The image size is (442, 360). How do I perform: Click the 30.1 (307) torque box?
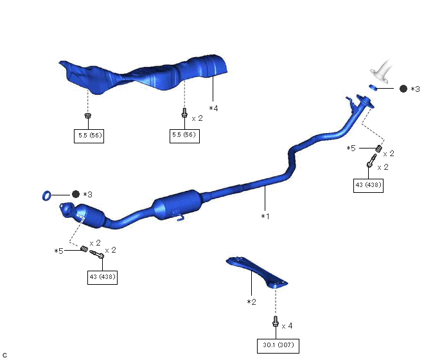pyautogui.click(x=278, y=345)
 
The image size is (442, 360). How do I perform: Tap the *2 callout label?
pyautogui.click(x=251, y=301)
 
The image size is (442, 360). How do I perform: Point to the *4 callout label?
pyautogui.click(x=213, y=109)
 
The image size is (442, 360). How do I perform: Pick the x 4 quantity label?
pyautogui.click(x=287, y=326)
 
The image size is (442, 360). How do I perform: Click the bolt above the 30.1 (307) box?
pyautogui.click(x=276, y=323)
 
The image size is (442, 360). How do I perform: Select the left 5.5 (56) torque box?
pyautogui.click(x=88, y=136)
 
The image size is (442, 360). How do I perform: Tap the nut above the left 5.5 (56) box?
pyautogui.click(x=87, y=116)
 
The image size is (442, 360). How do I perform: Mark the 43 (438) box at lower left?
pyautogui.click(x=102, y=277)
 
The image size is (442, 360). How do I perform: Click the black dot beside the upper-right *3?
pyautogui.click(x=403, y=89)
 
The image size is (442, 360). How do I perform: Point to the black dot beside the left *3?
pyautogui.click(x=75, y=194)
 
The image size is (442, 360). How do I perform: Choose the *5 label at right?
pyautogui.click(x=351, y=148)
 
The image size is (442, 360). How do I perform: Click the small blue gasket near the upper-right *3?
pyautogui.click(x=373, y=87)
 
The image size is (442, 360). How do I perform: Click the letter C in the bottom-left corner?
pyautogui.click(x=4, y=355)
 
